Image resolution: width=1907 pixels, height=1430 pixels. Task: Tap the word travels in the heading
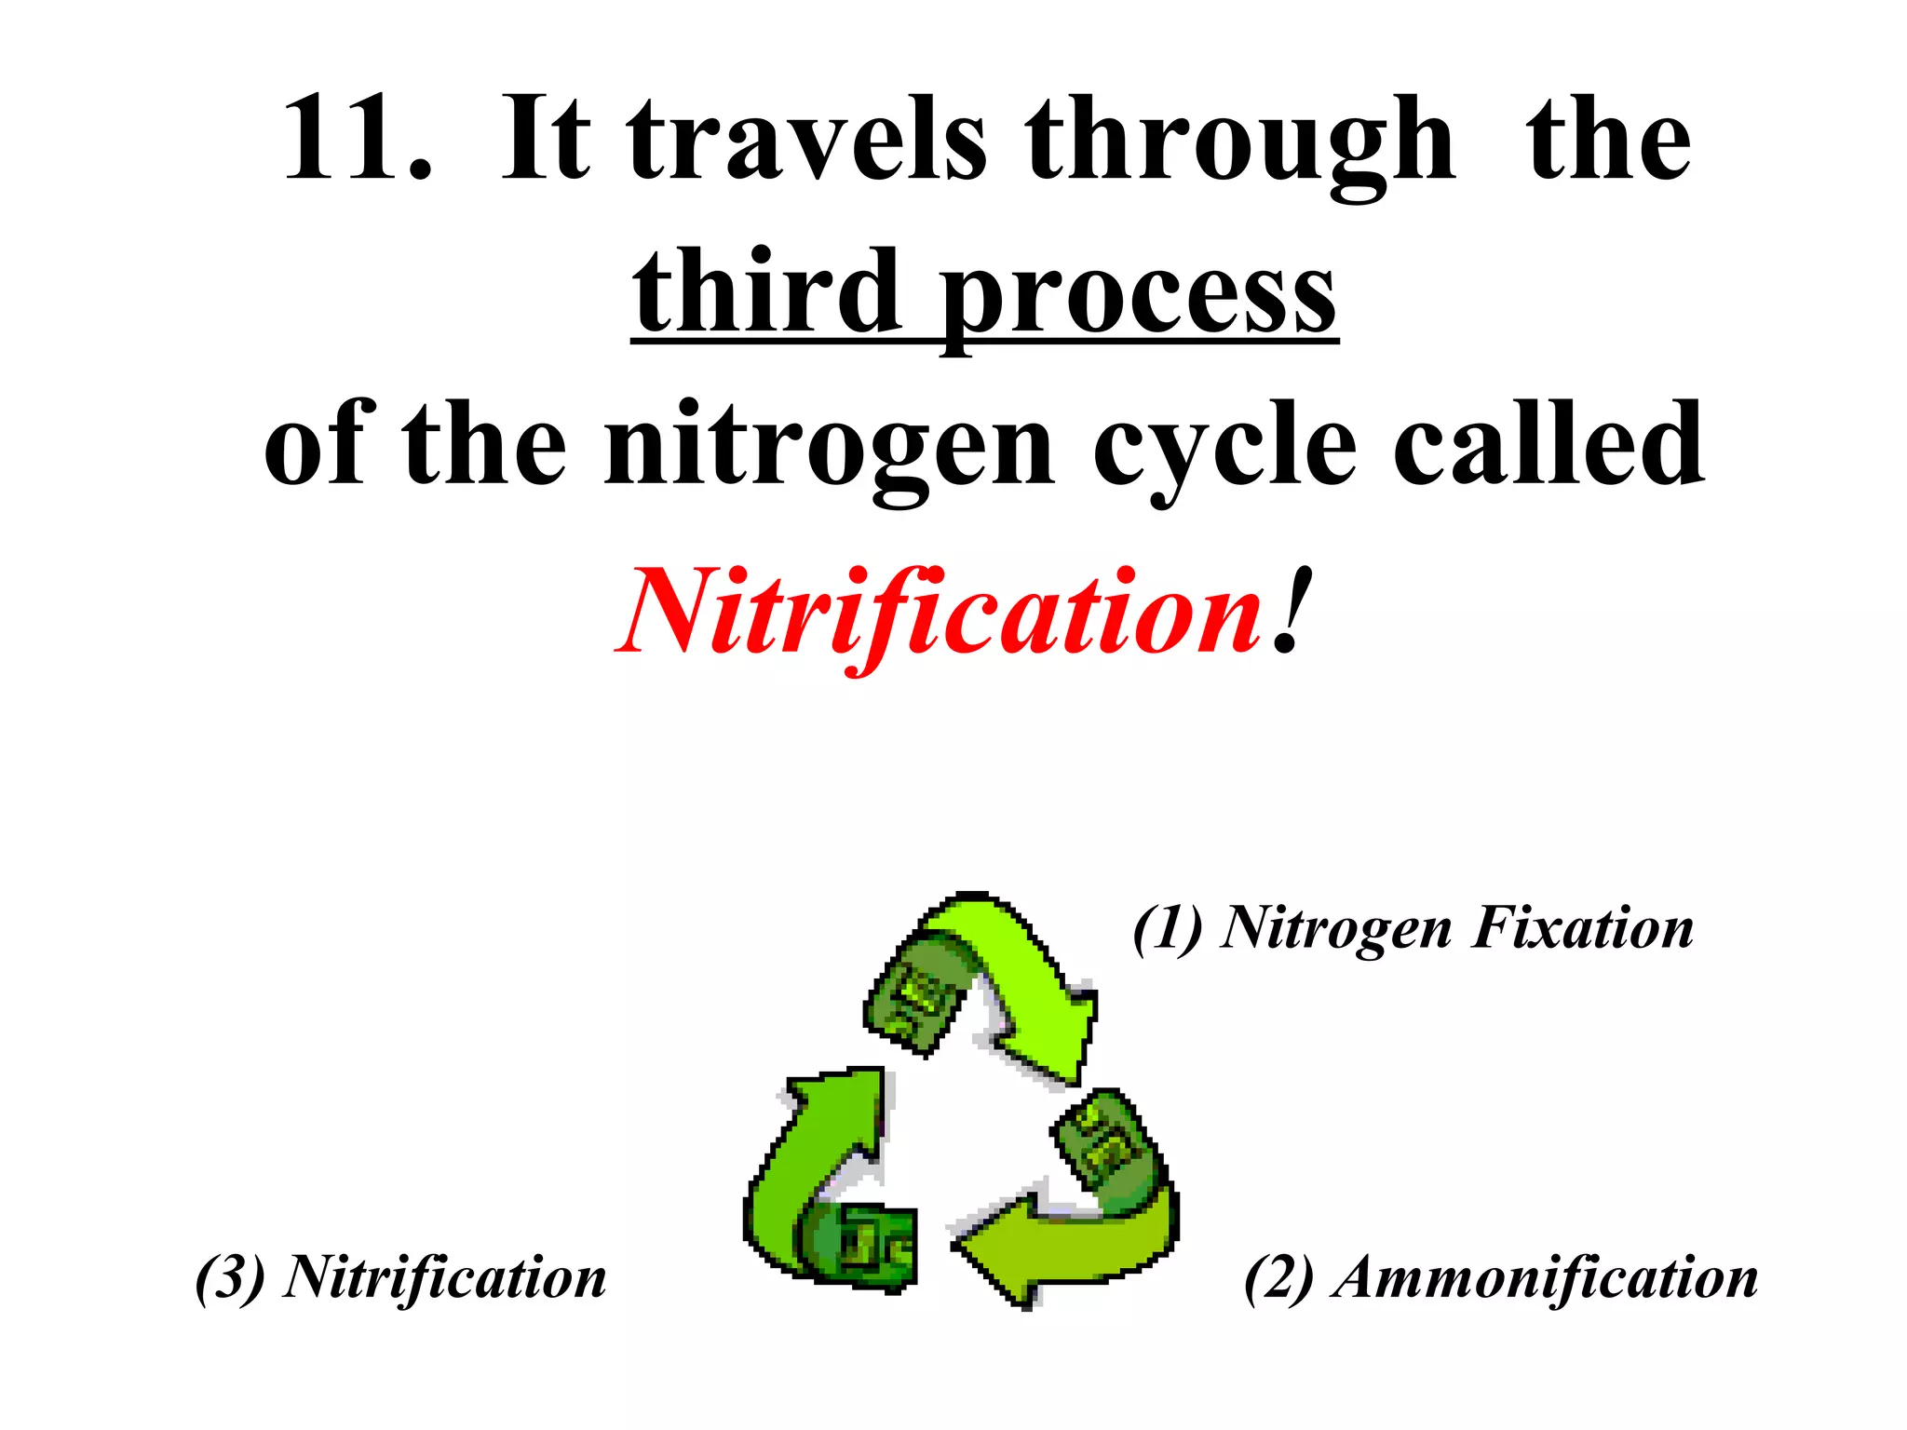pyautogui.click(x=806, y=140)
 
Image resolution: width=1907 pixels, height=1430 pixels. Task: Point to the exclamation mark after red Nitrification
pyautogui.click(x=1292, y=610)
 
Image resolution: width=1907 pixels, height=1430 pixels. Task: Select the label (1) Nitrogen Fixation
pyautogui.click(x=1413, y=927)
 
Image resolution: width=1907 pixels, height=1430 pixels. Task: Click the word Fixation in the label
pyautogui.click(x=1583, y=927)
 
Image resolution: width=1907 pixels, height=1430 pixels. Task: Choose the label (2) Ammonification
pyautogui.click(x=1500, y=1277)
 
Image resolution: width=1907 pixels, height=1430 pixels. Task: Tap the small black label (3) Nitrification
pyautogui.click(x=400, y=1277)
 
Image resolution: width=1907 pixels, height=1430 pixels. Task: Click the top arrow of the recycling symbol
pyautogui.click(x=996, y=978)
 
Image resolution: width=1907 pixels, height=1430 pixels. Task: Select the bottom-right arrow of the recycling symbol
pyautogui.click(x=1080, y=1220)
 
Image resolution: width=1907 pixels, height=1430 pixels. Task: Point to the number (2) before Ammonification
pyautogui.click(x=1278, y=1277)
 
